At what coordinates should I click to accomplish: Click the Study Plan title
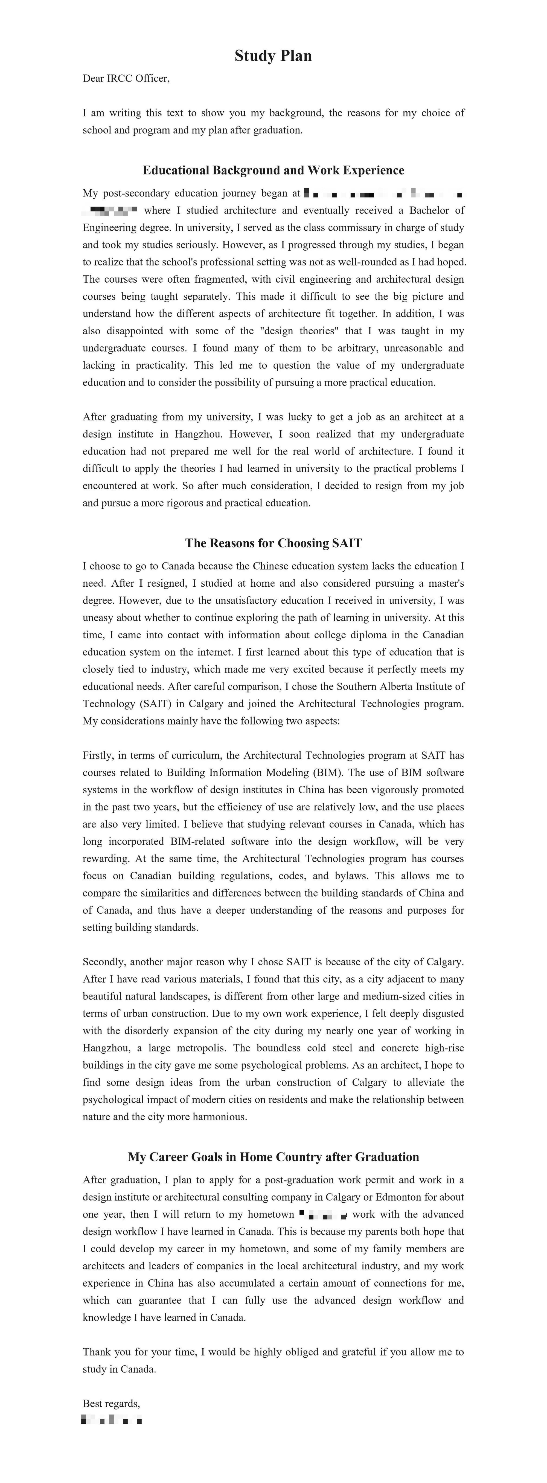coord(273,56)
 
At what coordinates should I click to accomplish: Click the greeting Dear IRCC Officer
coord(126,78)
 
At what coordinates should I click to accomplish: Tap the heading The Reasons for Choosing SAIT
coord(273,543)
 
